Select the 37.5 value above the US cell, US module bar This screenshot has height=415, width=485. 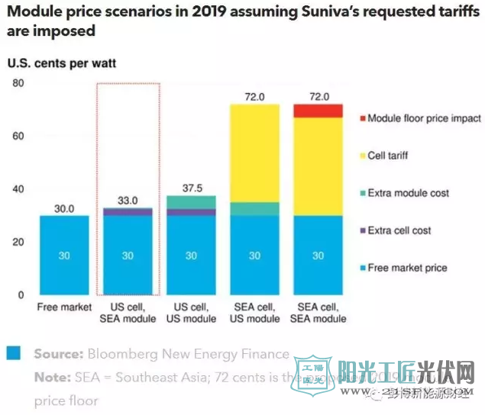(192, 188)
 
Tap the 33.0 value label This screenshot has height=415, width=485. (128, 200)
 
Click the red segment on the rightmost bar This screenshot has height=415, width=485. (318, 111)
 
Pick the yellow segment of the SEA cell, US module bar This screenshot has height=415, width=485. (255, 153)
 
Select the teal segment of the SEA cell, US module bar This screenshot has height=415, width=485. (255, 209)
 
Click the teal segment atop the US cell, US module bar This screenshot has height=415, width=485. (192, 202)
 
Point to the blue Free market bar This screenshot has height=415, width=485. (64, 255)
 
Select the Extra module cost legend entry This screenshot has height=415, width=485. (399, 193)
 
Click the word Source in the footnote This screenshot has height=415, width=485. (57, 354)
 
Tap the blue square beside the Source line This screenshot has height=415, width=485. (13, 353)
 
